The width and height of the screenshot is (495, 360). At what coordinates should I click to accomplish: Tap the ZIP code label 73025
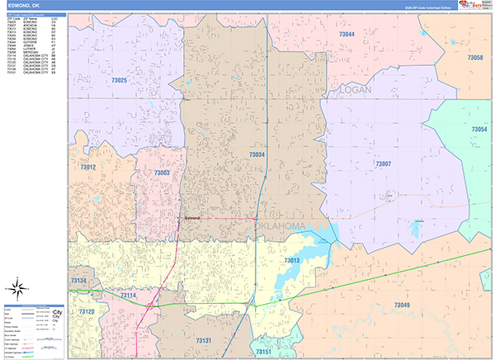point(97,80)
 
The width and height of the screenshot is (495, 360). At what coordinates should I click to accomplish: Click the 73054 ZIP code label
point(479,130)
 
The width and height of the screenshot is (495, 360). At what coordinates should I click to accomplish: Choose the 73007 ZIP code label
point(384,164)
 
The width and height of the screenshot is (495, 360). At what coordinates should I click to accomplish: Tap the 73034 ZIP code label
point(257,154)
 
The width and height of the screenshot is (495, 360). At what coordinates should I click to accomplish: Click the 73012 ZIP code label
point(88,168)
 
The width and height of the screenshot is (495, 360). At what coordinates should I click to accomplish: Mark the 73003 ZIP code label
point(162,173)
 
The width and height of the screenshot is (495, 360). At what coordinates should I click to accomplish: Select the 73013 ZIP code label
point(293,261)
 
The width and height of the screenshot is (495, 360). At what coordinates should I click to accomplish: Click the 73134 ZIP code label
point(78,282)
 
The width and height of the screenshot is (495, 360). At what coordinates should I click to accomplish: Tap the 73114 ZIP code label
point(128,296)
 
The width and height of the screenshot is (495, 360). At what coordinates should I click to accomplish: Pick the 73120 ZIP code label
point(87,311)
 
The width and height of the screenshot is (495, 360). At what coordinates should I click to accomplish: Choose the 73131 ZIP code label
point(204,340)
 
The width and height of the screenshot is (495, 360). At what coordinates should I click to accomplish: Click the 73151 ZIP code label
point(263,352)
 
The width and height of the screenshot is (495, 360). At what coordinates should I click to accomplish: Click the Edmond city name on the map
point(192,217)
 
